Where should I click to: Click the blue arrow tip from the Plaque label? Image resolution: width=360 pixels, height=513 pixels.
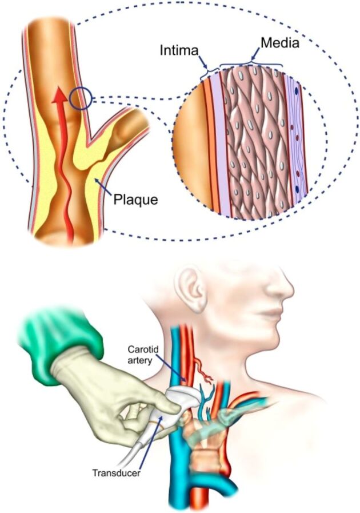pyautogui.click(x=97, y=179)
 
